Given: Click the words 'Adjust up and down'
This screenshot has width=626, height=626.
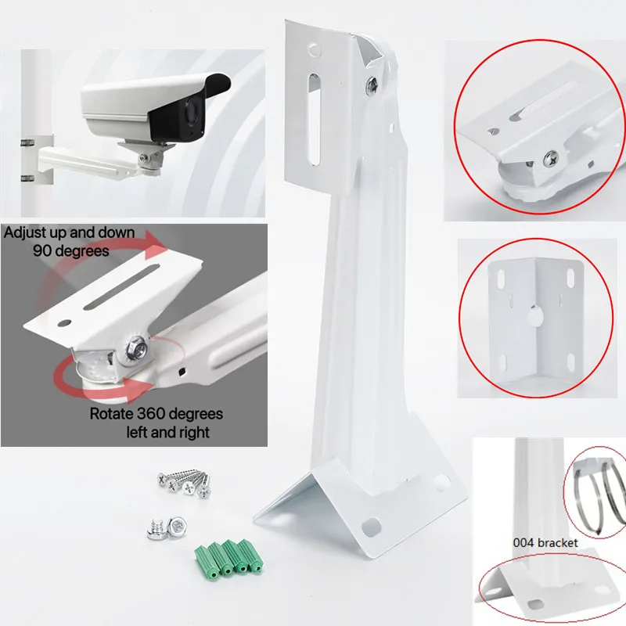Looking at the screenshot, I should [68, 232].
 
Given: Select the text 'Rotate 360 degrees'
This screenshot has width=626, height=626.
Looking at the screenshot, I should [156, 413].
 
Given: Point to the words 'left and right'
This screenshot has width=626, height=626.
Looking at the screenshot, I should [167, 431].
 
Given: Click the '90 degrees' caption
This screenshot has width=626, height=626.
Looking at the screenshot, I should [70, 251].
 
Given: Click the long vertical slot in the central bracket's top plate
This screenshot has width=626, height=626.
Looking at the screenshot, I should [313, 118].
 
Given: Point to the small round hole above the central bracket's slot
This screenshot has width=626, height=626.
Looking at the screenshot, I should [313, 49].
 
